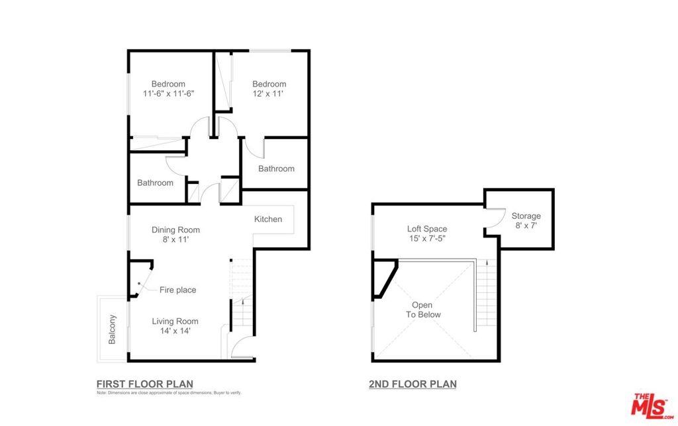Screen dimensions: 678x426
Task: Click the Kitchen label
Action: click(268, 219)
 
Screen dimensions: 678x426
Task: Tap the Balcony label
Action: click(112, 329)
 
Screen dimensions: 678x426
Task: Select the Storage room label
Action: click(526, 216)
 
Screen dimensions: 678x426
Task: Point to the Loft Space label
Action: click(427, 229)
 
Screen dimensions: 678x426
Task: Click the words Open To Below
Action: click(423, 310)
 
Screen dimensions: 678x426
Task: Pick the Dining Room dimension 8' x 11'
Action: click(175, 239)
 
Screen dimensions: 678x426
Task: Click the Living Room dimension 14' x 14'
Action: click(175, 331)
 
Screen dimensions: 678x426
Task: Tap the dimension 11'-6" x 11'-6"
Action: click(169, 93)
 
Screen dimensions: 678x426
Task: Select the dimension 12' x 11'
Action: click(268, 93)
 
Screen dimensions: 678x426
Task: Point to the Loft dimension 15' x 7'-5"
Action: click(427, 239)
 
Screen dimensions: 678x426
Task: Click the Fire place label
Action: click(177, 290)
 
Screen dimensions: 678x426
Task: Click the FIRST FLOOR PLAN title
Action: click(145, 384)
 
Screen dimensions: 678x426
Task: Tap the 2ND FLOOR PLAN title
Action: click(412, 384)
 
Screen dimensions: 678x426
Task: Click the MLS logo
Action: click(652, 406)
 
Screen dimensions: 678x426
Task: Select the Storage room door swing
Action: click(496, 218)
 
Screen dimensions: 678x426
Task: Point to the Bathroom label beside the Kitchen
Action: click(276, 169)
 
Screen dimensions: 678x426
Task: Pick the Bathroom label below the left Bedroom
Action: click(155, 183)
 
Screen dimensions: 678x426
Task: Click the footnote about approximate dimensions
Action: click(169, 393)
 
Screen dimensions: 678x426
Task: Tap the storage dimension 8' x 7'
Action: click(526, 226)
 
